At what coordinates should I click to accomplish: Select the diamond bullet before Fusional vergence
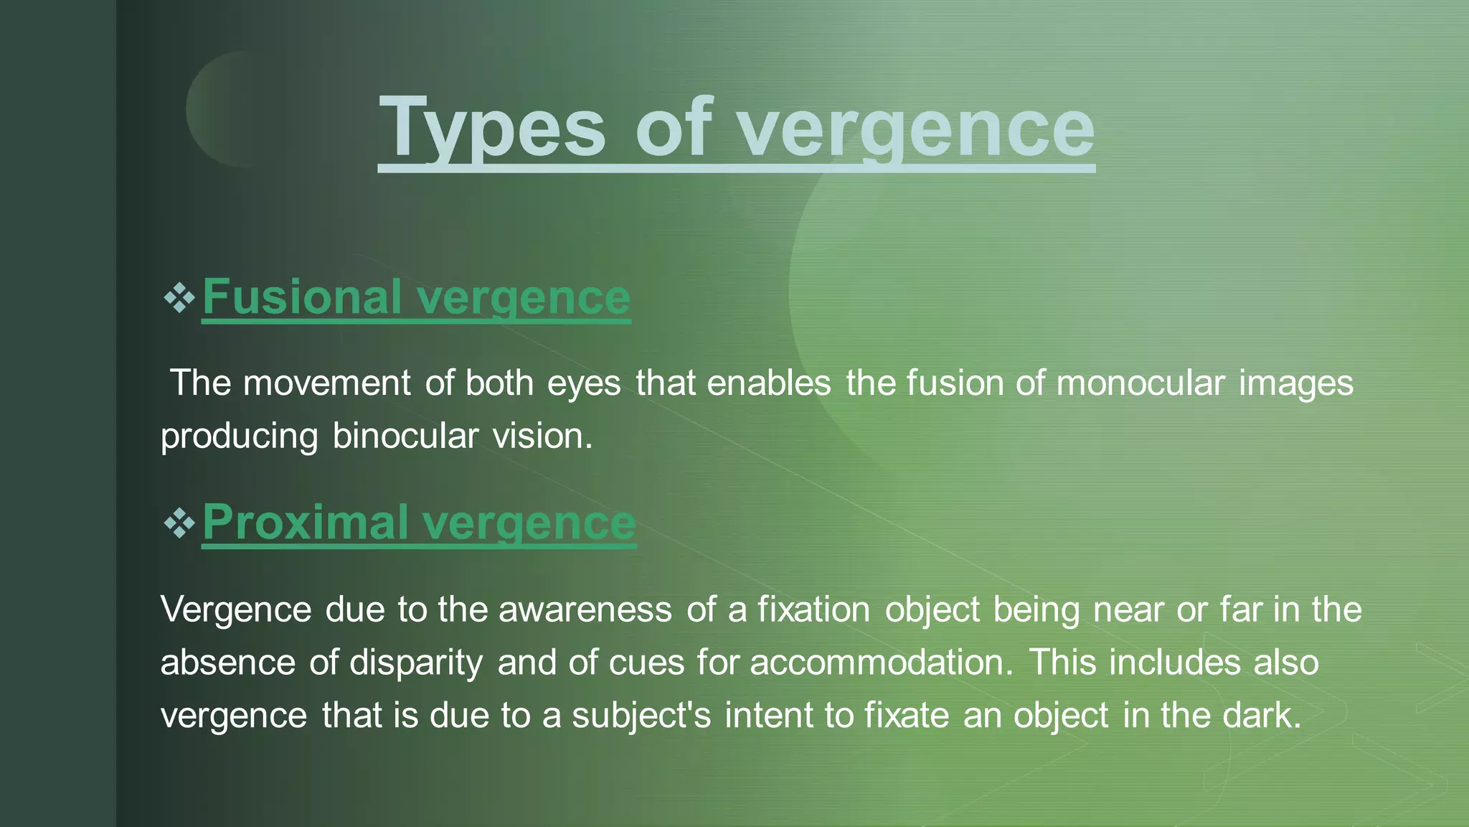point(179,297)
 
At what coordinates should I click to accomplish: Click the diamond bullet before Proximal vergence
point(179,523)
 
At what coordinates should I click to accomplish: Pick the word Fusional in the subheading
point(302,297)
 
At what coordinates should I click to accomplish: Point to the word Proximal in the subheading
point(306,522)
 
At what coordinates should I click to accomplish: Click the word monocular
point(1140,383)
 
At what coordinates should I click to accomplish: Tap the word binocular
point(405,436)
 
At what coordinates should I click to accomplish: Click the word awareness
point(585,609)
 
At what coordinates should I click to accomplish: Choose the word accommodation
point(882,662)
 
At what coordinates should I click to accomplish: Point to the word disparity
point(416,662)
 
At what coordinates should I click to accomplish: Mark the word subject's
point(641,715)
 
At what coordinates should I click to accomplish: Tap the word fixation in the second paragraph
point(814,609)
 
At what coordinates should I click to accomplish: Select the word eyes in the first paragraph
point(584,384)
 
